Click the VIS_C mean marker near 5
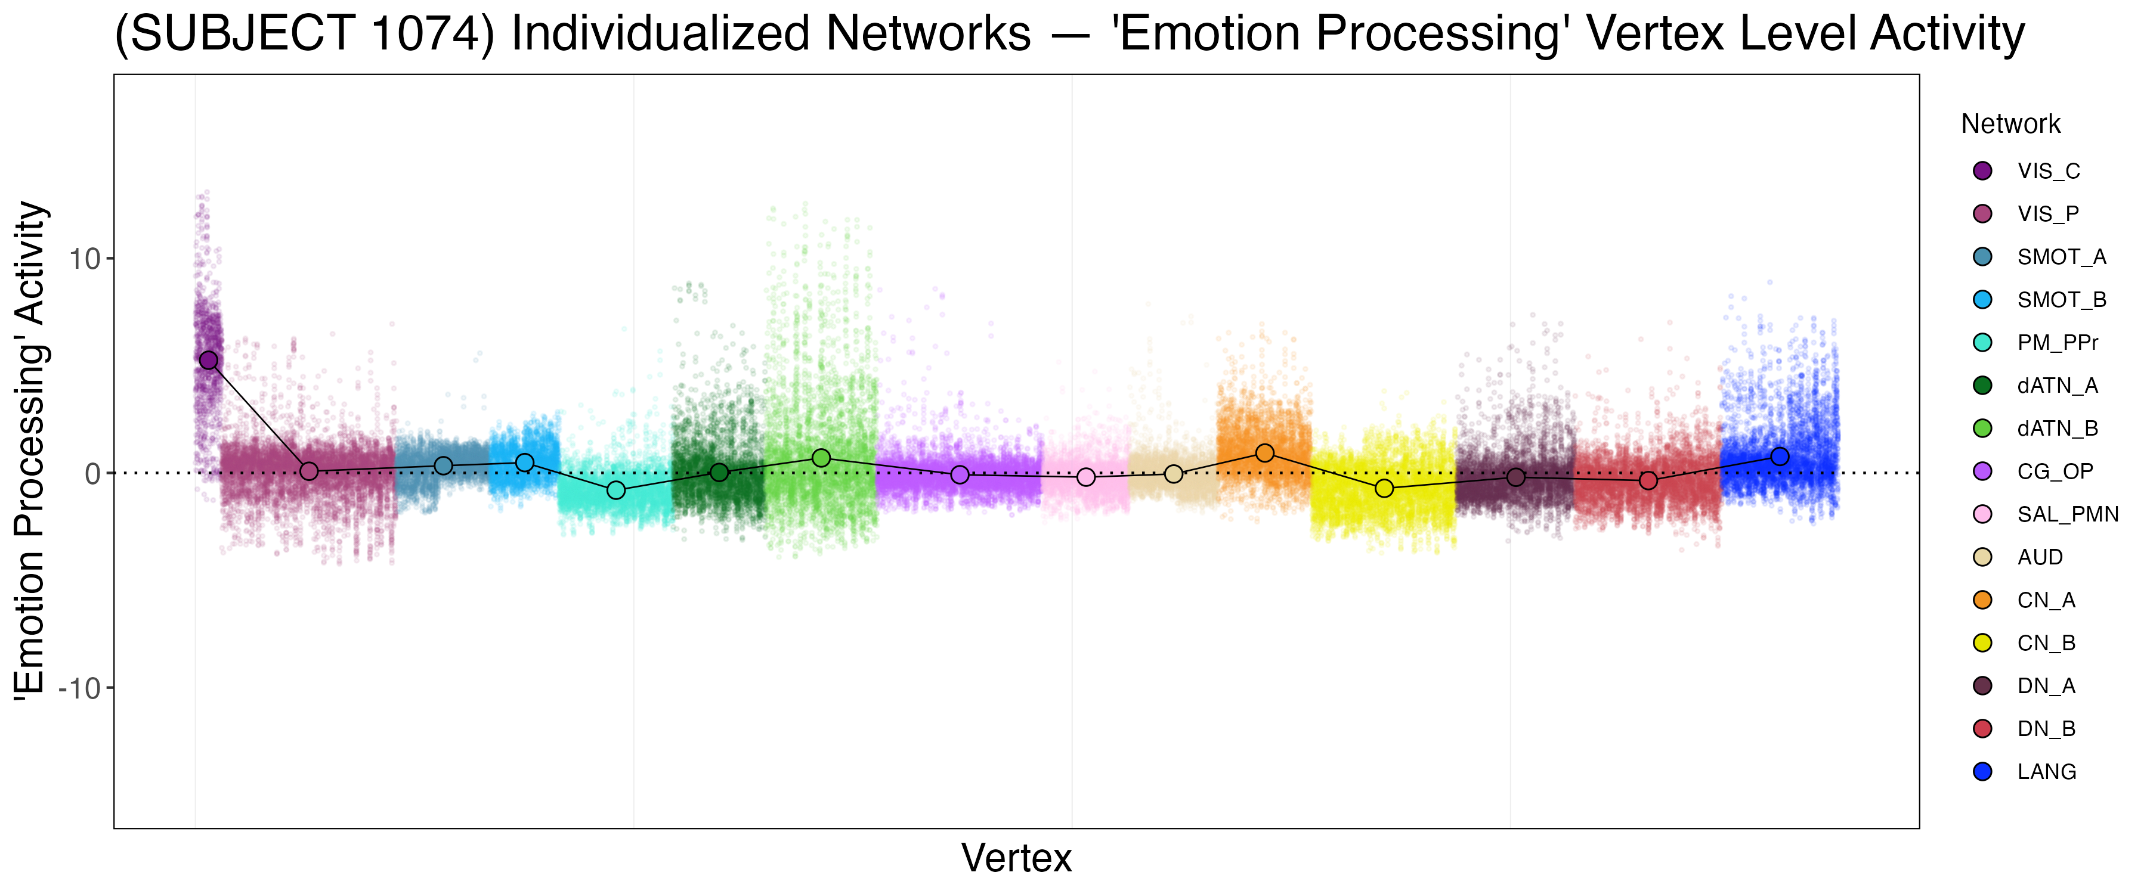(x=208, y=360)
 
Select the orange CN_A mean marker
(x=1264, y=452)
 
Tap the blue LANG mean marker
(x=1780, y=456)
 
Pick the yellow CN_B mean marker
(x=1384, y=488)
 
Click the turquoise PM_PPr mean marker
(x=616, y=490)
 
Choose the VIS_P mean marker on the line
(x=308, y=471)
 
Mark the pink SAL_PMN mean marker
(x=1086, y=477)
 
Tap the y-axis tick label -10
(x=78, y=688)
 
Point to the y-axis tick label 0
(x=92, y=474)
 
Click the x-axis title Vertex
(x=1016, y=858)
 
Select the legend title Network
(x=2010, y=124)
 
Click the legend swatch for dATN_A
(x=1983, y=386)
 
